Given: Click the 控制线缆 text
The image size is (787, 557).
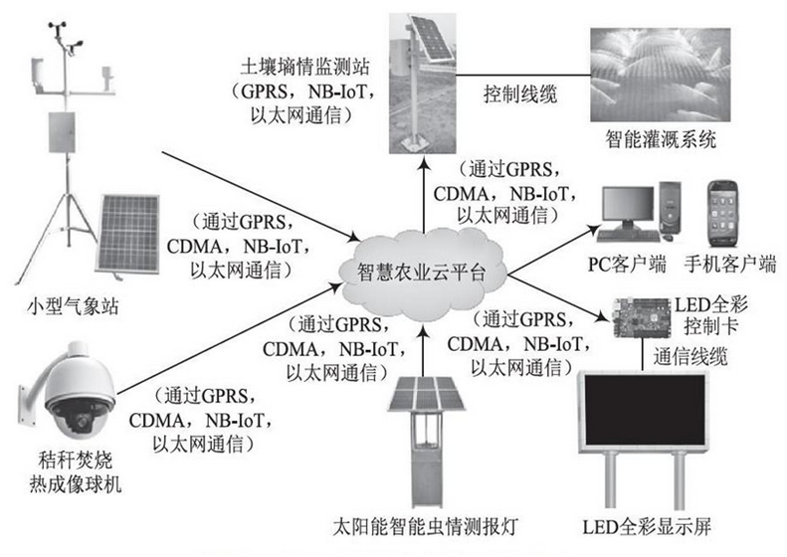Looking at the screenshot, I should [x=520, y=95].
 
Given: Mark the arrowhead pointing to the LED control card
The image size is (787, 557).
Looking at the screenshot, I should [x=603, y=317].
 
